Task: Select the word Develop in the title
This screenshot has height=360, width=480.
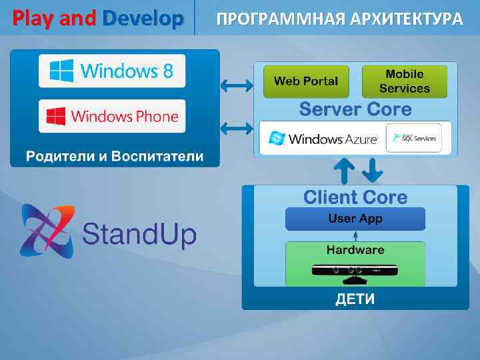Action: tap(143, 17)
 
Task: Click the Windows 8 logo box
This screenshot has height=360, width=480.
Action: tap(112, 71)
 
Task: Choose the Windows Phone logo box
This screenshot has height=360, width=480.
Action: tap(112, 117)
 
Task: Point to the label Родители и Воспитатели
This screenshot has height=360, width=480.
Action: tap(115, 156)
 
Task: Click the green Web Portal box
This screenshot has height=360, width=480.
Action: tap(306, 81)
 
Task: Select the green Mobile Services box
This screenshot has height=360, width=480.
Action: tap(405, 81)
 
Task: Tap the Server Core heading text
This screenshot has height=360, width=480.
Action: tap(354, 109)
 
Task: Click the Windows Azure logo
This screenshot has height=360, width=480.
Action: tap(323, 139)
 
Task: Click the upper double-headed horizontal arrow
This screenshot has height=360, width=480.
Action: tap(236, 85)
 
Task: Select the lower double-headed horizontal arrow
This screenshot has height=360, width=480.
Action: tap(236, 127)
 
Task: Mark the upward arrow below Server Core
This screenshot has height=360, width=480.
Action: tap(344, 171)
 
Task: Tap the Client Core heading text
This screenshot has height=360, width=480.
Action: tap(355, 197)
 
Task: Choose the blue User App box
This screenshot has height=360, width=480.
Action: tap(355, 219)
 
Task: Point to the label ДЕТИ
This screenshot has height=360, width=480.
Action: tap(355, 299)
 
